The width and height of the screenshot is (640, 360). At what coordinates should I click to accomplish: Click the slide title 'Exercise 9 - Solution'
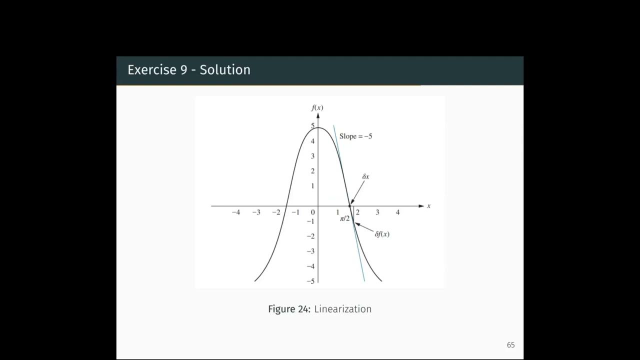[188, 70]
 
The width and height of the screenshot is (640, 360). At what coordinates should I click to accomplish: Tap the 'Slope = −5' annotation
[355, 136]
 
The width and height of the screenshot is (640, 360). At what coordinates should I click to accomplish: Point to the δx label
[365, 177]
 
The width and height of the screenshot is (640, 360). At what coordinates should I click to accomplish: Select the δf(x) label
[382, 234]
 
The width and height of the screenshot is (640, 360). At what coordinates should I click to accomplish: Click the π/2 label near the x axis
[344, 218]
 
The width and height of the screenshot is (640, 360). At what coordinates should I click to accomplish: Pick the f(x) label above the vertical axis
[317, 108]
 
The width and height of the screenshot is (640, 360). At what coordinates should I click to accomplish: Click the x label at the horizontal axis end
[428, 206]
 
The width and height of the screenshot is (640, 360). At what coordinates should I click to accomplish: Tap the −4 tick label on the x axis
[235, 212]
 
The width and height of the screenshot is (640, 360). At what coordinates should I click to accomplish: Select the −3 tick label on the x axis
[256, 212]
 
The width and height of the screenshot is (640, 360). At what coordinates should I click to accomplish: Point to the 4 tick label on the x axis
[397, 212]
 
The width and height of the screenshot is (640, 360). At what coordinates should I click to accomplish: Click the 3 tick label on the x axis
[377, 212]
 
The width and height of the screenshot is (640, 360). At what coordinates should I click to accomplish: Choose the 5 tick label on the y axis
[312, 126]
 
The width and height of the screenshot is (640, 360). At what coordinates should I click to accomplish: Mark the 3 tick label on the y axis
[312, 156]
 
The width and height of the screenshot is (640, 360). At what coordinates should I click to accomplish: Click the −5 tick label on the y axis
[310, 281]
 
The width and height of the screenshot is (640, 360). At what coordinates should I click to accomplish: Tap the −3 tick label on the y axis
[310, 251]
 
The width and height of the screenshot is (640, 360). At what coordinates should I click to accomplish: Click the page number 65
[510, 345]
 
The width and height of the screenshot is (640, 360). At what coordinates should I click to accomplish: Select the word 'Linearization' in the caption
[343, 309]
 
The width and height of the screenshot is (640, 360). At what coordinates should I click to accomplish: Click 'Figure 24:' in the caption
[289, 309]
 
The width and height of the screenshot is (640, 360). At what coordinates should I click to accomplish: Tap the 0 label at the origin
[313, 212]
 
